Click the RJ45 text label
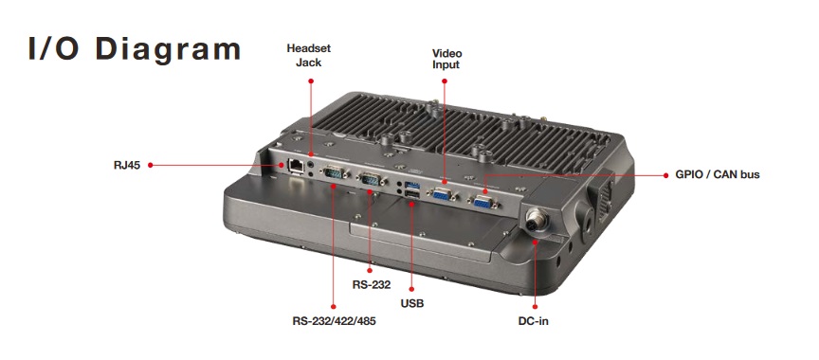click(x=127, y=166)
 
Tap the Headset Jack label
click(x=309, y=55)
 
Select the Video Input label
click(x=446, y=59)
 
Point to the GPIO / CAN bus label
click(x=718, y=174)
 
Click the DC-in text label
click(x=534, y=321)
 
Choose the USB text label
click(x=412, y=303)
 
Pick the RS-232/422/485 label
click(x=334, y=321)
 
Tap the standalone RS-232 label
click(x=372, y=285)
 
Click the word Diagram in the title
click(x=168, y=49)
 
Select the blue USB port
click(x=412, y=185)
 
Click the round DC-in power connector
click(x=535, y=221)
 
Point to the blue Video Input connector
click(x=443, y=194)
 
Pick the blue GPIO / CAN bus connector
click(x=482, y=201)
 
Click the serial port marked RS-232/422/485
click(x=334, y=172)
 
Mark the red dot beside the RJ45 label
click(x=150, y=165)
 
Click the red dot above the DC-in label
click(x=535, y=306)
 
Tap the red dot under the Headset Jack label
click(x=311, y=81)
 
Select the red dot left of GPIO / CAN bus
click(x=665, y=175)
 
